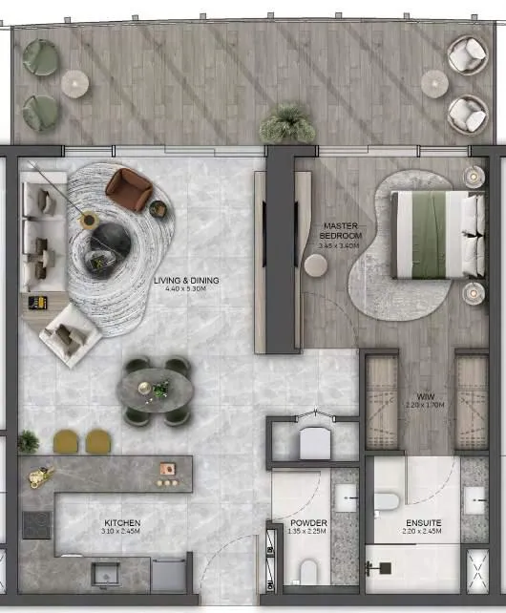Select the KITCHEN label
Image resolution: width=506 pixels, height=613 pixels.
pyautogui.click(x=122, y=523)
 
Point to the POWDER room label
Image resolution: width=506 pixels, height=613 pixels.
pyautogui.click(x=309, y=523)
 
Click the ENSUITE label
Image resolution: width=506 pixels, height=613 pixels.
pyautogui.click(x=423, y=523)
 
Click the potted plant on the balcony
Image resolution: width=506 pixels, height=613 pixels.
pyautogui.click(x=285, y=122)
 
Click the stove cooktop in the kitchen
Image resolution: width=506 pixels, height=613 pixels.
pyautogui.click(x=36, y=524)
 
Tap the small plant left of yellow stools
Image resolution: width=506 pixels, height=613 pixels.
pyautogui.click(x=29, y=441)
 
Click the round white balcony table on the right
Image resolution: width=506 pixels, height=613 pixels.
pyautogui.click(x=434, y=84)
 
